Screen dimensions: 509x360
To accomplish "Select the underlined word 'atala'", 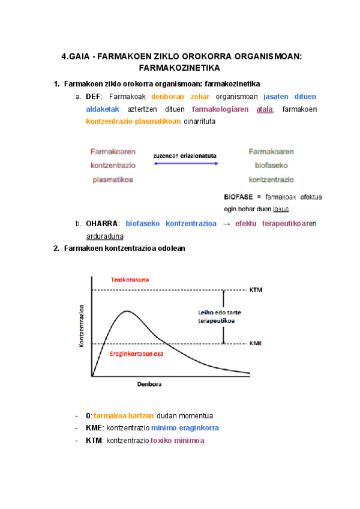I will [x=264, y=109].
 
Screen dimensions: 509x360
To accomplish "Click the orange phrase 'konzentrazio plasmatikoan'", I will [x=133, y=122].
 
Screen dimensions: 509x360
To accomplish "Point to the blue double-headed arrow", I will [x=184, y=164].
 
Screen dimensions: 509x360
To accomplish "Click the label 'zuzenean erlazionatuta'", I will [x=184, y=155].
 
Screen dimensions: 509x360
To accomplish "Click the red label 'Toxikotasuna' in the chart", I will [x=130, y=280].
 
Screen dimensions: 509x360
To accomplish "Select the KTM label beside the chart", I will [x=256, y=291].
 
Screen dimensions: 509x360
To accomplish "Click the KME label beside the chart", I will [x=256, y=344].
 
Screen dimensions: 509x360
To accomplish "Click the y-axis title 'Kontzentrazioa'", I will [x=81, y=325].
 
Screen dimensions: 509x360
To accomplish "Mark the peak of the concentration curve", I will [x=126, y=311].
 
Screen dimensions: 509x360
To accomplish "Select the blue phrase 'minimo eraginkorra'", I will [x=185, y=428].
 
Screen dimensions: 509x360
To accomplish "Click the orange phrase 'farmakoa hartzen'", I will [x=124, y=415].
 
